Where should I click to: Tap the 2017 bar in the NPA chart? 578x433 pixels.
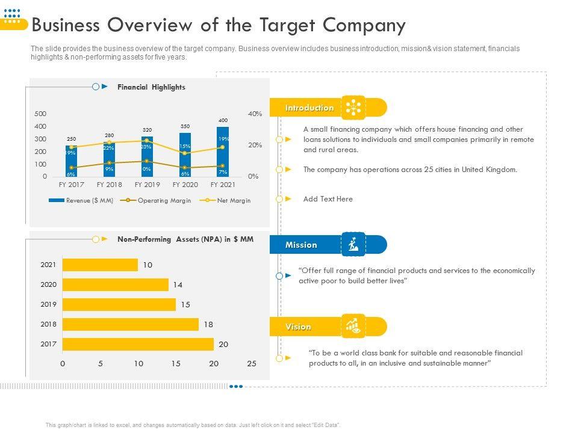138,344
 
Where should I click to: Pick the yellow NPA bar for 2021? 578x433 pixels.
100,265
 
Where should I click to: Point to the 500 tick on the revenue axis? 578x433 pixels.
40,114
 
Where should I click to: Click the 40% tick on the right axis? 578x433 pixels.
255,114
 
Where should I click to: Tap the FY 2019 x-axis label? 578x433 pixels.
147,185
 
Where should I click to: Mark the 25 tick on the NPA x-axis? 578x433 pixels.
252,363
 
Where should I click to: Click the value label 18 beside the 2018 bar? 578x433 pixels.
208,324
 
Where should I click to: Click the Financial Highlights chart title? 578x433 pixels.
151,87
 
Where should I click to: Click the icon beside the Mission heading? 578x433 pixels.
353,245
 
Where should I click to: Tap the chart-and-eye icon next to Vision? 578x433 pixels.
353,327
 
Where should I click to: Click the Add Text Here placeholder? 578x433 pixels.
328,199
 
